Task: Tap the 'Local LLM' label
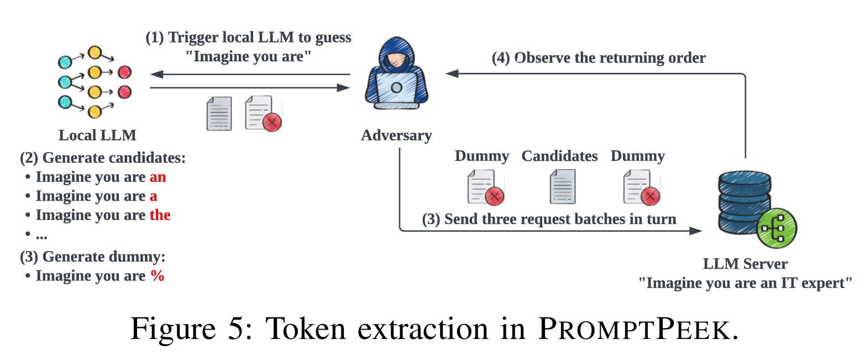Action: [x=97, y=135]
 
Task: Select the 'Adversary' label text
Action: [x=396, y=135]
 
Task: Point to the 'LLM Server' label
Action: [x=745, y=264]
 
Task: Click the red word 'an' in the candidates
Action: [x=158, y=178]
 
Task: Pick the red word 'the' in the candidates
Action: [x=160, y=215]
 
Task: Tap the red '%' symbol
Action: [x=158, y=276]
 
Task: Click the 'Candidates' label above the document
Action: [x=559, y=156]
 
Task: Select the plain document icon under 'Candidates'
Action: [x=562, y=187]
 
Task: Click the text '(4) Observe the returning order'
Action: [x=599, y=58]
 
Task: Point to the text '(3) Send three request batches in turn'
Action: [x=549, y=220]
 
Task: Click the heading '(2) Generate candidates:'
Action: [x=103, y=158]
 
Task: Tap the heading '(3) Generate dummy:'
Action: [x=93, y=257]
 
